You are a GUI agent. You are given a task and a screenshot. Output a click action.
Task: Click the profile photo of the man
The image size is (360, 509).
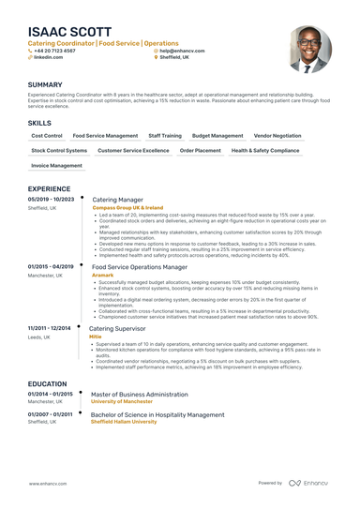tap(309, 48)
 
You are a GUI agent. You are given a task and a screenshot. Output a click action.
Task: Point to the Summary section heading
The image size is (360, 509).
tap(45, 84)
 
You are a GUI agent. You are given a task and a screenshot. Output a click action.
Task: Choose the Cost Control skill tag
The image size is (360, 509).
tap(47, 136)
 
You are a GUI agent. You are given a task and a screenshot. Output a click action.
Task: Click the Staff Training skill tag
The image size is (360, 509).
tap(165, 136)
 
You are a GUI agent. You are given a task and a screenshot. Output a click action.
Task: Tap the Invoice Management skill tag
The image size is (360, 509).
tap(57, 165)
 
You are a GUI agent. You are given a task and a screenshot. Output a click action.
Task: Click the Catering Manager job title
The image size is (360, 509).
tap(117, 200)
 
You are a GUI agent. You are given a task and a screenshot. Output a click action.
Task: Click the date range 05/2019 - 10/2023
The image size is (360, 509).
tap(51, 200)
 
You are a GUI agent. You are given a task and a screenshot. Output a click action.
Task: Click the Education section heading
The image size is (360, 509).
tap(48, 383)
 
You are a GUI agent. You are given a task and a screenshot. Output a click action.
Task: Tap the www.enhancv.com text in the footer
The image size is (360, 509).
tap(47, 484)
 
